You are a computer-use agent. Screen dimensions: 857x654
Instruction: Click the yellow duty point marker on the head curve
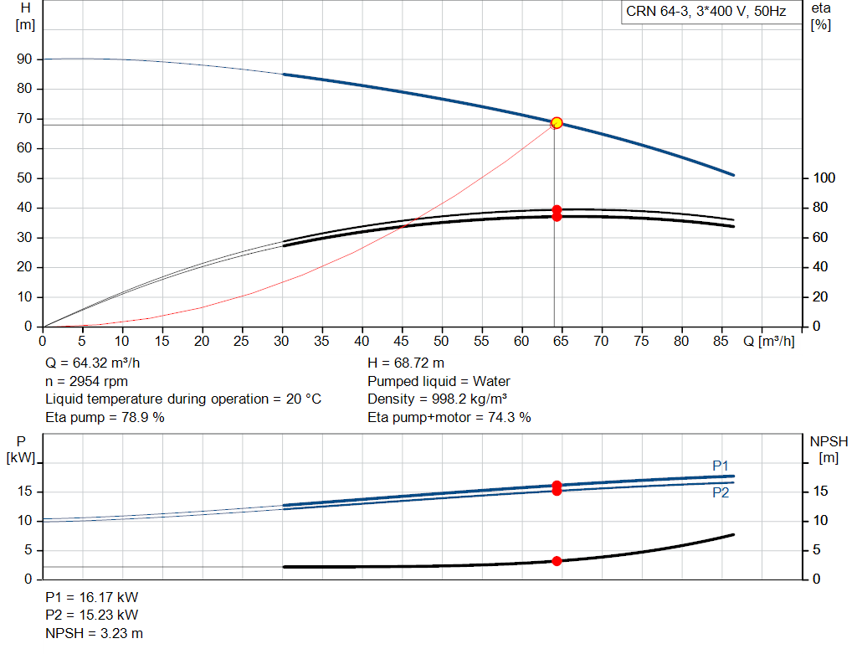click(557, 123)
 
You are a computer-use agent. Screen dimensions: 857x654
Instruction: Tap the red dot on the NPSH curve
click(557, 561)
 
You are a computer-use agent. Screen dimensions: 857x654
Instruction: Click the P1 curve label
click(721, 466)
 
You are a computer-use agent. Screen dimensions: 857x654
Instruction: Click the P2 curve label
click(721, 492)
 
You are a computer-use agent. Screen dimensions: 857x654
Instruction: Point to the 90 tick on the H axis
click(24, 59)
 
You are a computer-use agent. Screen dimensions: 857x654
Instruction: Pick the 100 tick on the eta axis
click(824, 178)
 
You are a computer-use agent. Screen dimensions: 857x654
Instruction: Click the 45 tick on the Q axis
click(401, 341)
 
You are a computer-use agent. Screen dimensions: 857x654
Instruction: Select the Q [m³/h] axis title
click(768, 341)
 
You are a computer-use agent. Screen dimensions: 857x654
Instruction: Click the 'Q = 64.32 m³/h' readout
click(92, 363)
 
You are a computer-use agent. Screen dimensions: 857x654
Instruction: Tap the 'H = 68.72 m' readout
click(406, 363)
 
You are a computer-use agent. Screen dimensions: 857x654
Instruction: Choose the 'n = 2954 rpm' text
click(86, 381)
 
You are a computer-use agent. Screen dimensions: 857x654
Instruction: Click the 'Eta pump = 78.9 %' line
click(105, 417)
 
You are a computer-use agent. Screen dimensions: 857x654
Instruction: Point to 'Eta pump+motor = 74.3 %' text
click(449, 417)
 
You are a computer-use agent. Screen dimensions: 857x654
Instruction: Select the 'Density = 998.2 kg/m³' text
click(437, 399)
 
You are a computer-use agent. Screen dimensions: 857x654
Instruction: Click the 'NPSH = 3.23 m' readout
click(94, 633)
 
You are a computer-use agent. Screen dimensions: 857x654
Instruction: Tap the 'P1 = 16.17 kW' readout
click(92, 597)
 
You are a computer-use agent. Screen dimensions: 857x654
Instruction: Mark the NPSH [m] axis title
click(829, 450)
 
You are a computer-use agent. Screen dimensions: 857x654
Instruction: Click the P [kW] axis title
click(21, 450)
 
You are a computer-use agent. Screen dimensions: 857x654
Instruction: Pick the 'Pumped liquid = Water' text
click(439, 381)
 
